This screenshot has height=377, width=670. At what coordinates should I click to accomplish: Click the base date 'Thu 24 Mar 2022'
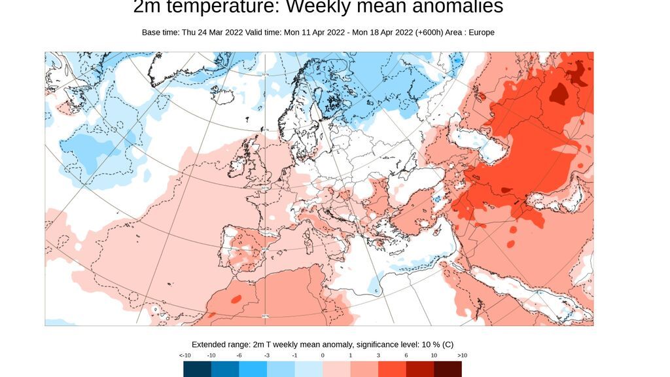pos(211,32)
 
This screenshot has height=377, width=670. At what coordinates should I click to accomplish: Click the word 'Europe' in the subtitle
pos(481,32)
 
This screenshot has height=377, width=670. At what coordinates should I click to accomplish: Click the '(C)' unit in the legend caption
pos(447,344)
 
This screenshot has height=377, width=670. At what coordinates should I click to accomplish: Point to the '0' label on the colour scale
pos(323,355)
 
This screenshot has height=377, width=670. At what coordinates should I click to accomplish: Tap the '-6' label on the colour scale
pos(239,355)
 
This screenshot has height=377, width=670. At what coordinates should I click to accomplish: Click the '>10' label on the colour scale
pos(461,355)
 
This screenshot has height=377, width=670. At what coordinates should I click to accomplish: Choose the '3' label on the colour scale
pos(378,355)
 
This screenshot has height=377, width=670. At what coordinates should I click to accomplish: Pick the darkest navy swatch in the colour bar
pos(198,369)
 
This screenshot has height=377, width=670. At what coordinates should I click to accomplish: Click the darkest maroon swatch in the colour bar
pos(448,369)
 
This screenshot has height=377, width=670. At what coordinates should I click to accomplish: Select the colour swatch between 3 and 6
pos(392,369)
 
